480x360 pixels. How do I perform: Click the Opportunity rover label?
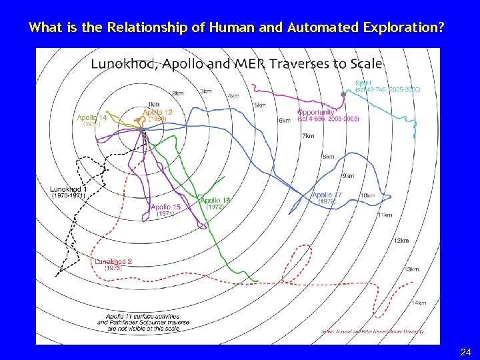(x=315, y=112)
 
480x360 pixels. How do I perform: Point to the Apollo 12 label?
(x=157, y=112)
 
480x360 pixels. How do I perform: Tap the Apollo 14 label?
(x=92, y=117)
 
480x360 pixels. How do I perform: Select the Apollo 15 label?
(x=165, y=207)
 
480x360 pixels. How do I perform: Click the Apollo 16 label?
(x=215, y=200)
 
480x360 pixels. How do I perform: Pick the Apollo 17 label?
(x=327, y=195)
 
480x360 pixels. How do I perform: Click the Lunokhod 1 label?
(x=68, y=189)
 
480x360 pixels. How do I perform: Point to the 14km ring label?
(x=418, y=303)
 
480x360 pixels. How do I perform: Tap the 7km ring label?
(x=307, y=135)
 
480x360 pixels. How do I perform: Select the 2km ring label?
(x=177, y=93)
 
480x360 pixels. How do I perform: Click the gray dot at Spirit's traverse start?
(x=343, y=95)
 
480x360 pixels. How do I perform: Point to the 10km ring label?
(x=367, y=195)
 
